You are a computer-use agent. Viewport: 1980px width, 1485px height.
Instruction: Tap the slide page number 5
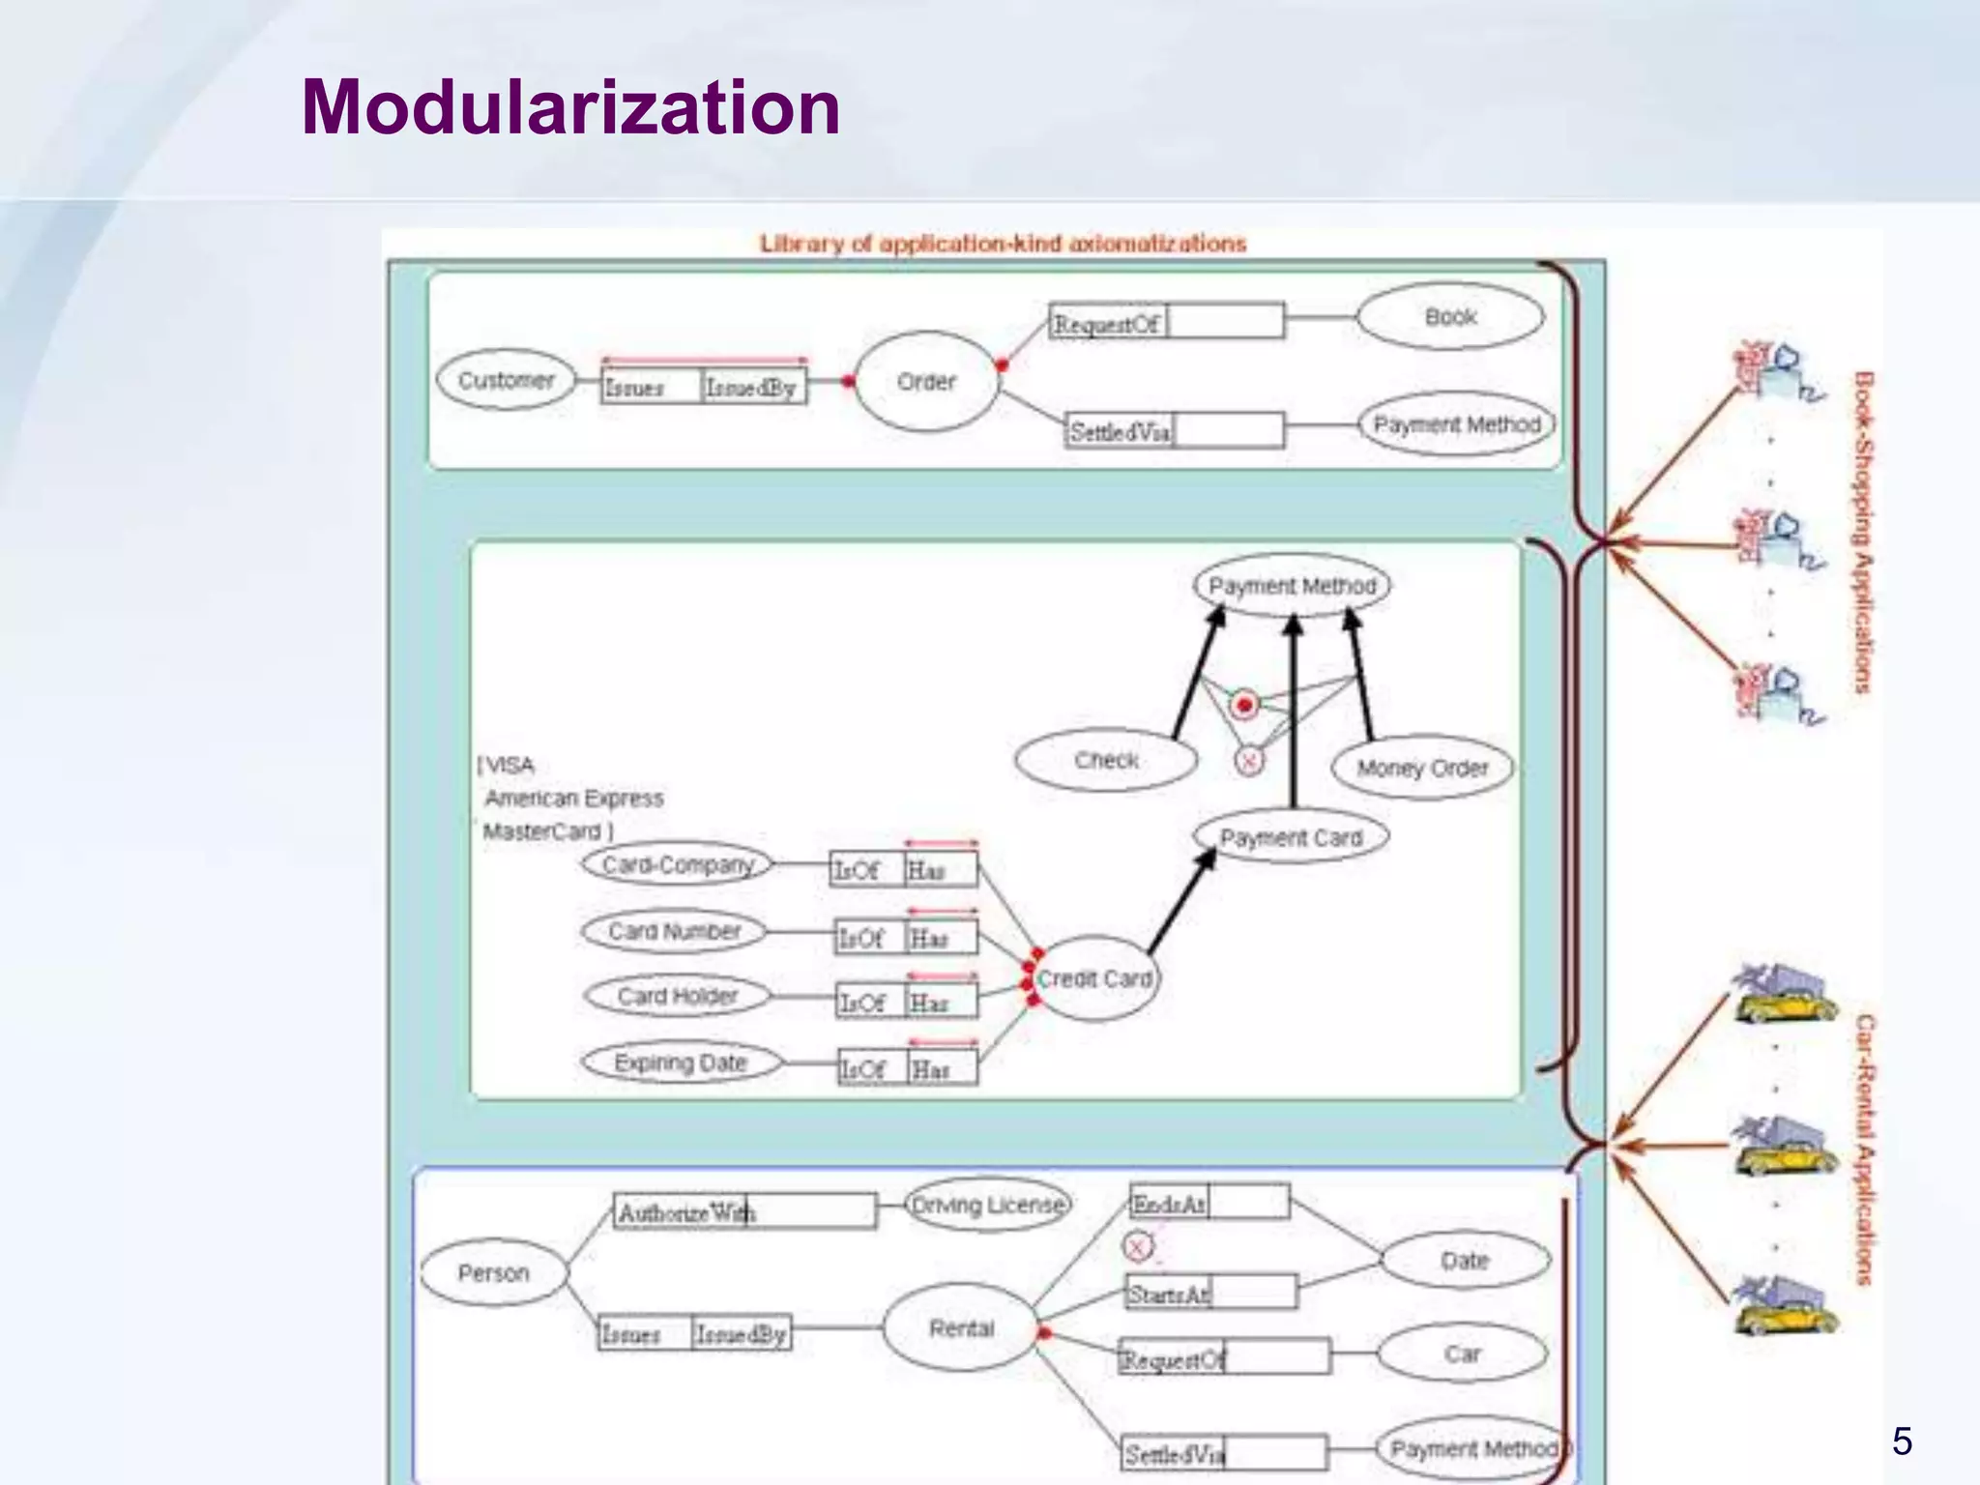click(x=1902, y=1441)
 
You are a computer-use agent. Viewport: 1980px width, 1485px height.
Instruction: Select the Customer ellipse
click(x=506, y=380)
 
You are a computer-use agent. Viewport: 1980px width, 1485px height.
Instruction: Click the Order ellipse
click(x=925, y=382)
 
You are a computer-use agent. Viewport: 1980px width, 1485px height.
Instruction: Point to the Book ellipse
click(x=1450, y=317)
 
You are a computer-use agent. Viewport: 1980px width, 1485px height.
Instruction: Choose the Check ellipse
click(x=1106, y=761)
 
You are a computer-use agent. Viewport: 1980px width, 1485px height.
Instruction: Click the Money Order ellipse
click(x=1422, y=769)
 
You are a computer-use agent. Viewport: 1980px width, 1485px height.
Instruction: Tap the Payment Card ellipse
click(x=1291, y=837)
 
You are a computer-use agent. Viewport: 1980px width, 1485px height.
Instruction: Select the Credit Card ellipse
click(x=1094, y=979)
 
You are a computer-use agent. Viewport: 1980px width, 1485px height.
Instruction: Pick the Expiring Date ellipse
click(x=681, y=1063)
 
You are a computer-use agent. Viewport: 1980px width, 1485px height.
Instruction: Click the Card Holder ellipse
click(x=677, y=996)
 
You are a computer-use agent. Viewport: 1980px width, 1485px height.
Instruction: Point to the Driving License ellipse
click(x=988, y=1206)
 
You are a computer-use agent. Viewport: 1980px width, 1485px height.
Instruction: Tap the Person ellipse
click(x=493, y=1273)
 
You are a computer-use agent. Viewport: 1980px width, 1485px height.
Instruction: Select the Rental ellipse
click(x=961, y=1328)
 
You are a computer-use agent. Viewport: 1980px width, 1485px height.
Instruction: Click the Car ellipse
click(x=1462, y=1354)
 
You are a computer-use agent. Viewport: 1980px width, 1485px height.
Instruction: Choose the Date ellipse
click(x=1465, y=1261)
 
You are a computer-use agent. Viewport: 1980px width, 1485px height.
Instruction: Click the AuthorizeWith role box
click(x=744, y=1212)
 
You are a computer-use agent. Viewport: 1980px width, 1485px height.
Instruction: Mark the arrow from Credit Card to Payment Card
click(x=1181, y=898)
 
